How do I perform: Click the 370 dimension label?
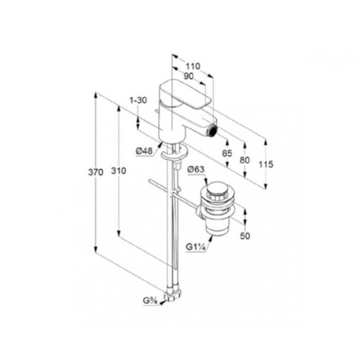point(96,172)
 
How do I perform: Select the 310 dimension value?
point(119,171)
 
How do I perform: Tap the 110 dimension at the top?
point(193,66)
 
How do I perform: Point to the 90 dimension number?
point(189,76)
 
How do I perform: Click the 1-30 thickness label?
point(138,100)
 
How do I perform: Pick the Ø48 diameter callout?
point(144,151)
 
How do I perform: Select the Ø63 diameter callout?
point(196,169)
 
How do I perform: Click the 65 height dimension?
point(227,153)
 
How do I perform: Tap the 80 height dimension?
point(245,160)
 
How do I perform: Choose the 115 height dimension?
point(266,164)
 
